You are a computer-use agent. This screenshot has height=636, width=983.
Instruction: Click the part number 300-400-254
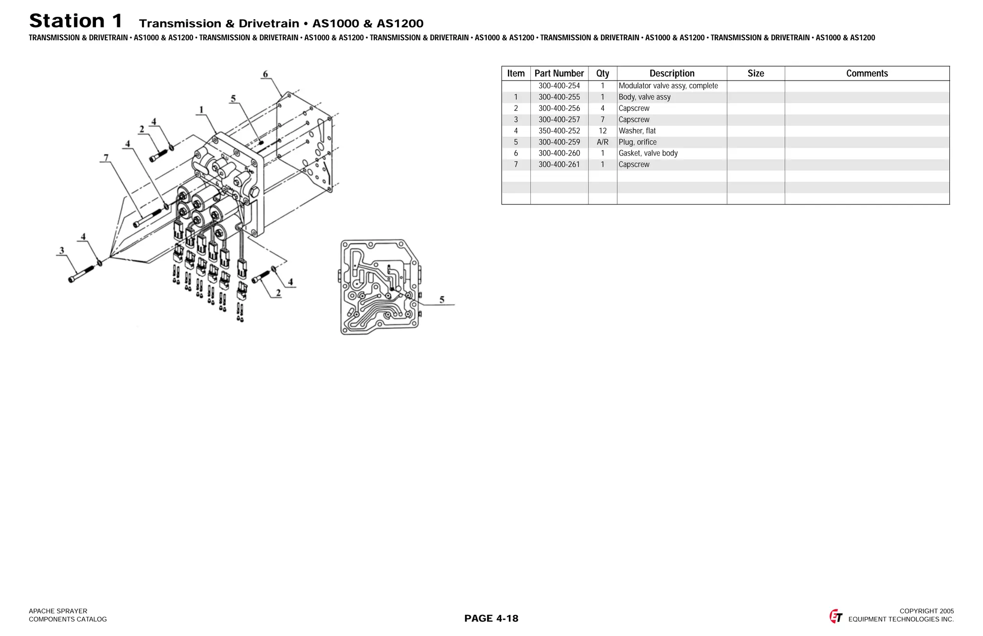pyautogui.click(x=559, y=86)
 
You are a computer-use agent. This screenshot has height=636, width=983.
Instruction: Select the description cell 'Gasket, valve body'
pyautogui.click(x=648, y=153)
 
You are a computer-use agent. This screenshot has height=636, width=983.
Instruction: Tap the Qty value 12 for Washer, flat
pyautogui.click(x=602, y=131)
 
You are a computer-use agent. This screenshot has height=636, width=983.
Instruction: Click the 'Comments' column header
pyautogui.click(x=867, y=73)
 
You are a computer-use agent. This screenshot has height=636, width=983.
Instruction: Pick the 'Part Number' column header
pyautogui.click(x=559, y=73)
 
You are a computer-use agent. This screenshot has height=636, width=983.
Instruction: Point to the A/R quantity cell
pyautogui.click(x=602, y=142)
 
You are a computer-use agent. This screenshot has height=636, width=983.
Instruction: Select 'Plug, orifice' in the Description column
pyautogui.click(x=637, y=142)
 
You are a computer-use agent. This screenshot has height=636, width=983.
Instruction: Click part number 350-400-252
pyautogui.click(x=559, y=131)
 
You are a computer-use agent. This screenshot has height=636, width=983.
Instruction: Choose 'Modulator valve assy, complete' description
pyautogui.click(x=668, y=86)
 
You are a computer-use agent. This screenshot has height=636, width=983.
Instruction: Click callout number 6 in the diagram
pyautogui.click(x=265, y=74)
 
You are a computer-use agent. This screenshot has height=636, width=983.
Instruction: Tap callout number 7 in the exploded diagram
pyautogui.click(x=106, y=157)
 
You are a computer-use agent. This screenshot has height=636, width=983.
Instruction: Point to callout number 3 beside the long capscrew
pyautogui.click(x=61, y=250)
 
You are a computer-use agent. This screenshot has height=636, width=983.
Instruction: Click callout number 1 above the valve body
pyautogui.click(x=201, y=109)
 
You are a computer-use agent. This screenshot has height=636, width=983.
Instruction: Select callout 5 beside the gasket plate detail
pyautogui.click(x=442, y=300)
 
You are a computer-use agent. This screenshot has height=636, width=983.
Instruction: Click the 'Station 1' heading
pyautogui.click(x=76, y=21)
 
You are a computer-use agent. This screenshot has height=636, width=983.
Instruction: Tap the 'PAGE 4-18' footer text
pyautogui.click(x=491, y=618)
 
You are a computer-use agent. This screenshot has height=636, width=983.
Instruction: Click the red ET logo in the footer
pyautogui.click(x=836, y=616)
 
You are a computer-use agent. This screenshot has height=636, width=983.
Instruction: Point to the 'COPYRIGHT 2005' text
pyautogui.click(x=926, y=611)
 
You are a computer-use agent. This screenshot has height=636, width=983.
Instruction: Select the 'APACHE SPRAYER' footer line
pyautogui.click(x=58, y=611)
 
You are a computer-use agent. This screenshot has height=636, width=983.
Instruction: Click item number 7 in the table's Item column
pyautogui.click(x=516, y=165)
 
